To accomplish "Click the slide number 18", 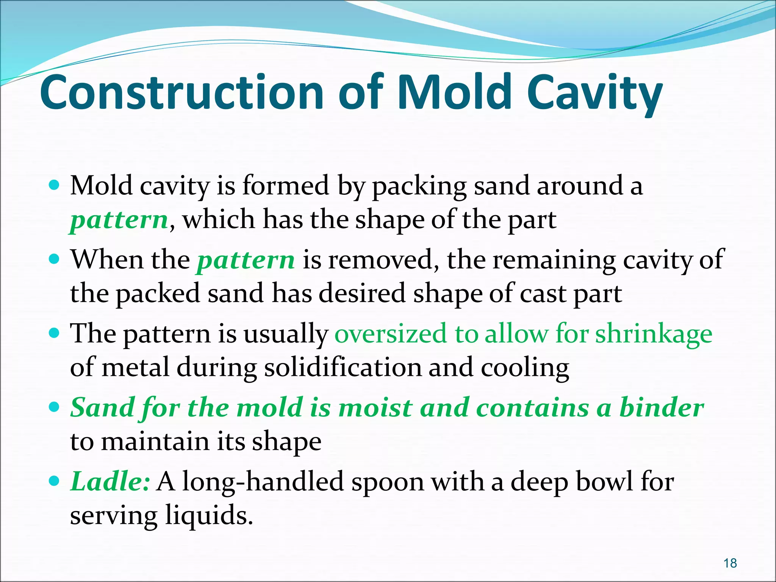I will coord(730,563).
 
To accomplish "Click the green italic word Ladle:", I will coord(110,482).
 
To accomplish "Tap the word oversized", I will coord(390,334).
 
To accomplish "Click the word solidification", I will coord(343,368).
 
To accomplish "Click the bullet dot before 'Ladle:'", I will coord(55,481).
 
